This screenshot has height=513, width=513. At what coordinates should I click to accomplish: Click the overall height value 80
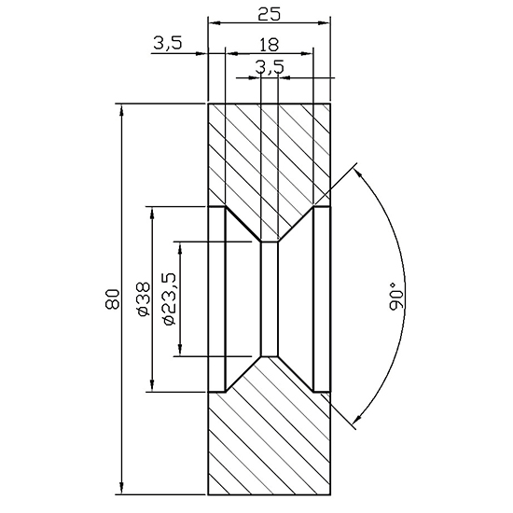pos(112,299)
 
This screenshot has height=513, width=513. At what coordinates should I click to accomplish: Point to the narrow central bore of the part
pos(269,298)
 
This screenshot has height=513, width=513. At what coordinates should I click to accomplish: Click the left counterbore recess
pos(216,298)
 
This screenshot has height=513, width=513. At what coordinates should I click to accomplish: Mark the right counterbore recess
pos(322,298)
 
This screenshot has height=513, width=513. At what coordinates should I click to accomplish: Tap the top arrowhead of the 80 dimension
pos(122,110)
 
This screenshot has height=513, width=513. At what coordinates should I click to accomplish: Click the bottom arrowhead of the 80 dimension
pos(122,487)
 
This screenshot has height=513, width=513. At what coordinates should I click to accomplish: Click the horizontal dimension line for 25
pos(268,21)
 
